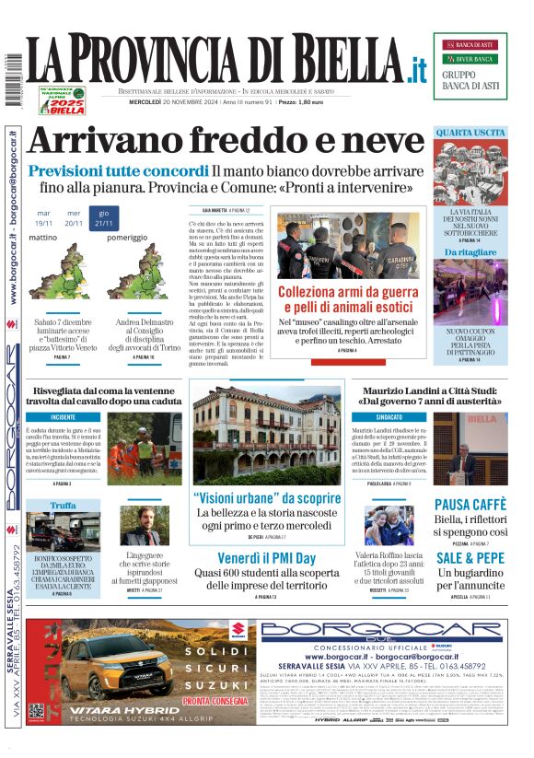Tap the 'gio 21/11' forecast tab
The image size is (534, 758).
pyautogui.click(x=104, y=217)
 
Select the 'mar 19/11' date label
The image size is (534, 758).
pyautogui.click(x=44, y=218)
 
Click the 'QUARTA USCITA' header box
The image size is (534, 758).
pyautogui.click(x=470, y=133)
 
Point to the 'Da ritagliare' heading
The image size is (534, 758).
pyautogui.click(x=470, y=251)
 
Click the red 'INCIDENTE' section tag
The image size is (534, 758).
pyautogui.click(x=64, y=416)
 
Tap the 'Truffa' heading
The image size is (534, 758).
pyautogui.click(x=64, y=506)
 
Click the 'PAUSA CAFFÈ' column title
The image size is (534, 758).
pyautogui.click(x=470, y=505)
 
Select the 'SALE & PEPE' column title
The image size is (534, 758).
pyautogui.click(x=470, y=558)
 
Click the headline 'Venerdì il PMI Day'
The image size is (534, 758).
pyautogui.click(x=266, y=558)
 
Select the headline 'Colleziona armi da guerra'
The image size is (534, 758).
pyautogui.click(x=348, y=292)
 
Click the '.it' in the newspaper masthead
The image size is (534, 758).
pyautogui.click(x=418, y=66)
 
